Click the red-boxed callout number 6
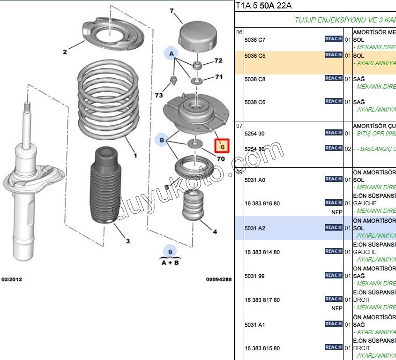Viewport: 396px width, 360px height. click(223, 147)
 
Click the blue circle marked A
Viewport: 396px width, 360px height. click(172, 54)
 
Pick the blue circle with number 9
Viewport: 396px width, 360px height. click(170, 252)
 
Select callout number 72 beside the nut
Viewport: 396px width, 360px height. click(218, 60)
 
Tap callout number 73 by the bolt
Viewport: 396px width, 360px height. click(159, 95)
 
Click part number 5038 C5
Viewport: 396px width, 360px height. click(255, 56)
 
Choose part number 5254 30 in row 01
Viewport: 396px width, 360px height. click(254, 134)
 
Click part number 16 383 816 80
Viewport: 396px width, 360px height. click(262, 204)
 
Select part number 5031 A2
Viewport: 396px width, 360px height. click(255, 228)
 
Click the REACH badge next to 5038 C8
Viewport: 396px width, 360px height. click(333, 78)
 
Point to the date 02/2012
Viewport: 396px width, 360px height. click(12, 279)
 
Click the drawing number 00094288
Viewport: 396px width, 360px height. click(218, 279)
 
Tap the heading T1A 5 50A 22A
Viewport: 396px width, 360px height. click(264, 6)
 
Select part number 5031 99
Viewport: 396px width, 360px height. click(254, 276)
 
